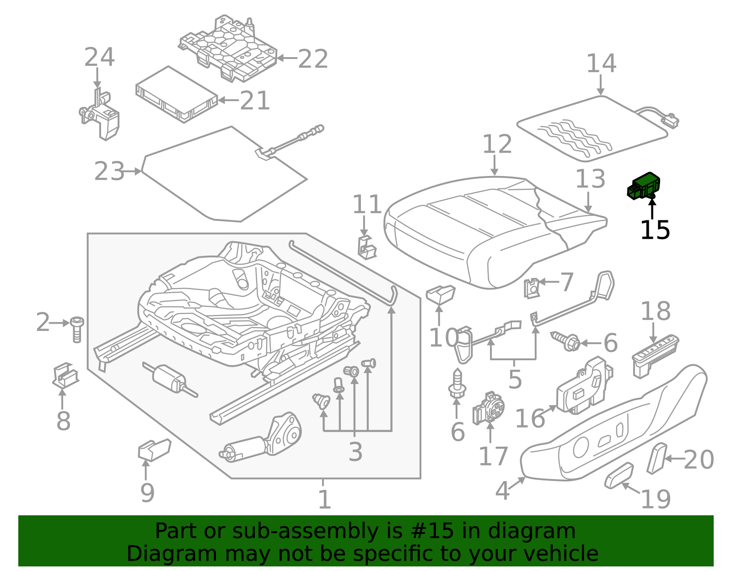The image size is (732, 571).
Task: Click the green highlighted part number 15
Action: (644, 187)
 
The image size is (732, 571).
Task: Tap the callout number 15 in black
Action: (655, 230)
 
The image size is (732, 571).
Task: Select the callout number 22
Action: (313, 59)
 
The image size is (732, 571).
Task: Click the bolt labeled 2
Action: (77, 329)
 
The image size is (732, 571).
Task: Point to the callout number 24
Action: (99, 58)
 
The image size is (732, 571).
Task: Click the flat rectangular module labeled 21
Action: (177, 95)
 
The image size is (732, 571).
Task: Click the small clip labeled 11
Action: (366, 247)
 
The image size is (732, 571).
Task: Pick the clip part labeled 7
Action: (532, 288)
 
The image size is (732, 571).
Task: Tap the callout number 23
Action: (109, 172)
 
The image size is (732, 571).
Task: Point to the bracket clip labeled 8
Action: (65, 376)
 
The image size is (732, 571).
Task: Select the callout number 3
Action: (355, 452)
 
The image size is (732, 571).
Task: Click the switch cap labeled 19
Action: (619, 475)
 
